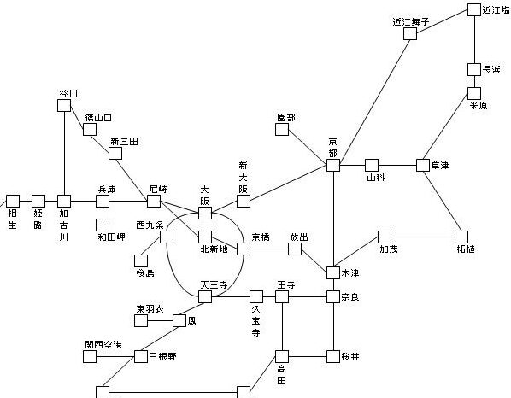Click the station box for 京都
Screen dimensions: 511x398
333,165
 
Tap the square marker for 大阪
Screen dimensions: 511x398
205,213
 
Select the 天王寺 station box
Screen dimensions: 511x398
205,296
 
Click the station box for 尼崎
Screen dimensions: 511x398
154,201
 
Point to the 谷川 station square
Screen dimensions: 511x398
64,106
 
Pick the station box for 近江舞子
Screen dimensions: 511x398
410,34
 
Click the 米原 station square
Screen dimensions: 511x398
474,93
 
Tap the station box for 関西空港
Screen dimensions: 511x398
90,356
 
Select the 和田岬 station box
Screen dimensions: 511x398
103,225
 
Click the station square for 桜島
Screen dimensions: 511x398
141,260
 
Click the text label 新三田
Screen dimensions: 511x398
124,142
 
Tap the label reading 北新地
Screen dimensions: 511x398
214,249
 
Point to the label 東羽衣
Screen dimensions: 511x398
150,309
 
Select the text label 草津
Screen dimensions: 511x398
440,166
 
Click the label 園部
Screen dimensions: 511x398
286,118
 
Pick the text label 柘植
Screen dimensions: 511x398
466,249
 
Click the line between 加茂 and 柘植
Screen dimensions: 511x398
423,237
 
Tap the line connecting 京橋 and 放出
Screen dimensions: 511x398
269,249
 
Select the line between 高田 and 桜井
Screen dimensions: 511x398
308,356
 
